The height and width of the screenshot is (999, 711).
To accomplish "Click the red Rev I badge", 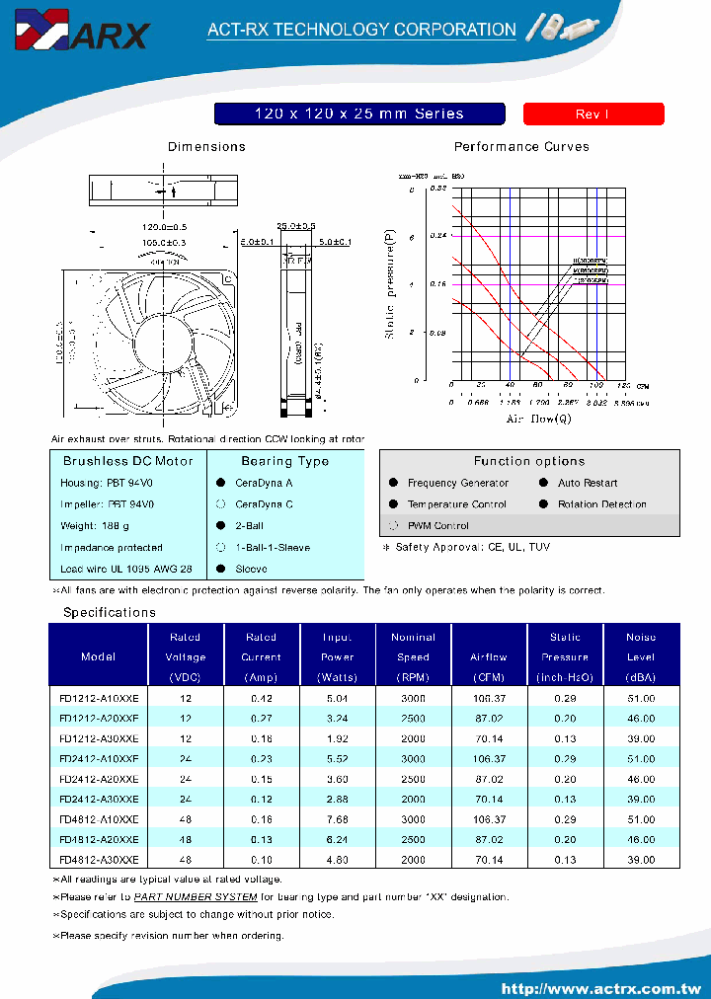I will pos(592,115).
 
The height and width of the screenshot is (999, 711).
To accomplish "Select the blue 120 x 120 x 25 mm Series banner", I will pos(359,115).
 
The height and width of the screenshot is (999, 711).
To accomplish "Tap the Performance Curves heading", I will pos(521,147).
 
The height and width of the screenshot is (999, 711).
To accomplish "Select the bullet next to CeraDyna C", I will pos(220,504).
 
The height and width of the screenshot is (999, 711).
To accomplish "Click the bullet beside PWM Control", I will pos(393,526).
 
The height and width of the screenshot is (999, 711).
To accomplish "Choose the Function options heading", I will pos(529,461).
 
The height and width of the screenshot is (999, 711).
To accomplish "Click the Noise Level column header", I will pos(641,656).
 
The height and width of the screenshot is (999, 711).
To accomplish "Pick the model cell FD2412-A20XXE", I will pos(100,779).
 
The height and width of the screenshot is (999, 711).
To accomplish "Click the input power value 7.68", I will pos(337,819).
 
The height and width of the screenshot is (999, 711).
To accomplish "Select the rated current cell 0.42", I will pos(261,698).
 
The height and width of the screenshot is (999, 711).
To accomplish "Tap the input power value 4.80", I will pos(337,860).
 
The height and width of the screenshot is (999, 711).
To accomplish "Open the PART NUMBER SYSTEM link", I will pos(196,897).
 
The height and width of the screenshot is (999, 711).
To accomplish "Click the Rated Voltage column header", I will pos(186,656).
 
